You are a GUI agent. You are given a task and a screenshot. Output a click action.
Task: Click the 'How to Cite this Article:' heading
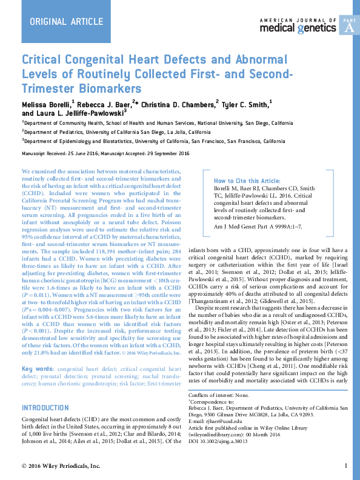click(247, 181)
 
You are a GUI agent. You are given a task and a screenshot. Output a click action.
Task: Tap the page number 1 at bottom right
click(345, 466)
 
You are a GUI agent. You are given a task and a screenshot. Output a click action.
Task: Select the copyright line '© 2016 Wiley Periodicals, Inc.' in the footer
click(61, 466)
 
